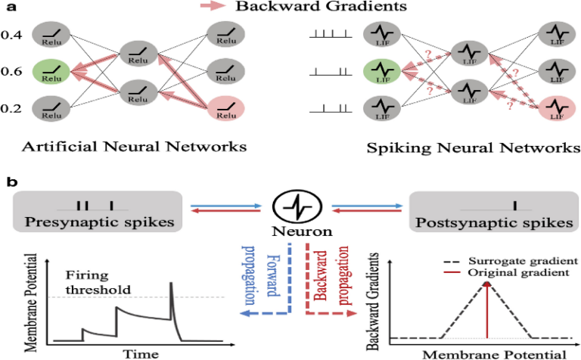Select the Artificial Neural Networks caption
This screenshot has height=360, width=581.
click(x=126, y=146)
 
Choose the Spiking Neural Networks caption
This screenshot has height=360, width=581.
click(x=470, y=146)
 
